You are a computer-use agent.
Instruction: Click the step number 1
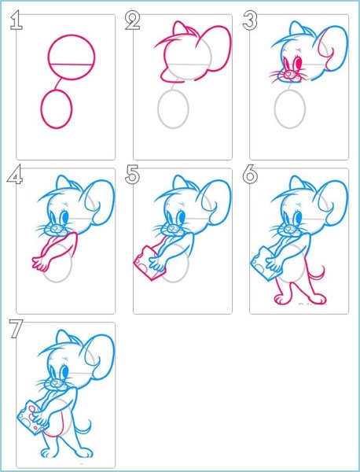pos(16,20)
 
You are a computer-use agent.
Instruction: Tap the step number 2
pos(132,21)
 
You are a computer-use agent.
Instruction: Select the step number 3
pos(250,20)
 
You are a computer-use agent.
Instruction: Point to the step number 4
pos(15,175)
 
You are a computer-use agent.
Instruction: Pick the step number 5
pos(132,174)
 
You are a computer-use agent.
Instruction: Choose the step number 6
pos(250,174)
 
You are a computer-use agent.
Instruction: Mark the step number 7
pos(16,329)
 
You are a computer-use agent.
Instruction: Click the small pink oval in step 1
pos(57,109)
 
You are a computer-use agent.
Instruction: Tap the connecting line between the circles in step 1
pos(59,84)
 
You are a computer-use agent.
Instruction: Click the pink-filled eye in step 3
pos(299,63)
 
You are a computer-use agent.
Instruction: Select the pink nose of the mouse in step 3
pos(288,73)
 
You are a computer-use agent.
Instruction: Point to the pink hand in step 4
pos(40,264)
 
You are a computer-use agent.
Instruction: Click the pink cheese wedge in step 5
pos(149,263)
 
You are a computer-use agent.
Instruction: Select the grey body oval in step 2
pos(173,109)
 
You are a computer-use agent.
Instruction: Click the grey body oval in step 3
pos(290,109)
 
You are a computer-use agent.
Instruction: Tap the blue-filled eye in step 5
pos(182,217)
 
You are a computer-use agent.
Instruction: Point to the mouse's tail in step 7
pos(85,429)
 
